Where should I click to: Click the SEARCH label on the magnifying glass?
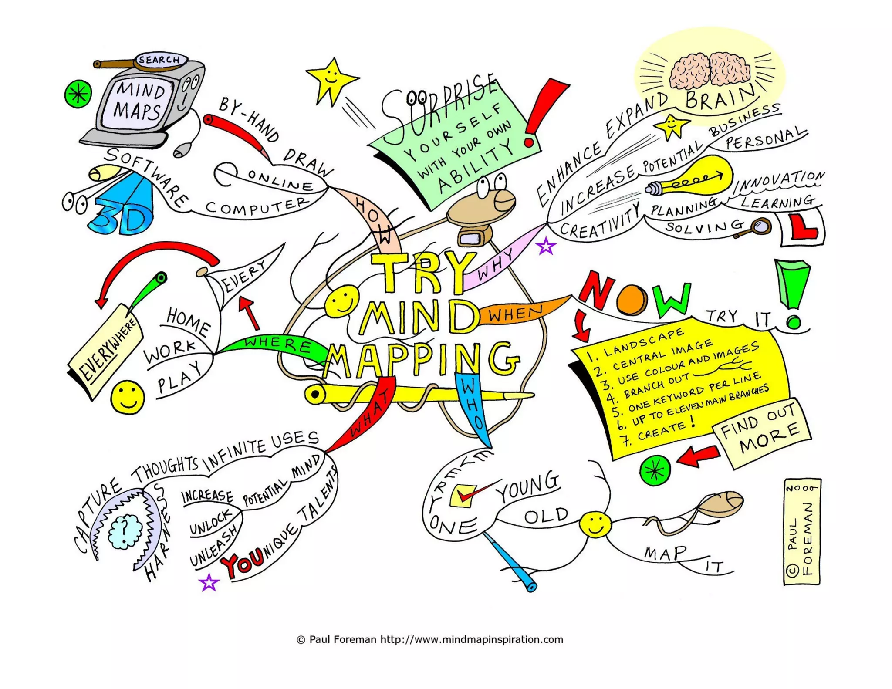tap(159, 59)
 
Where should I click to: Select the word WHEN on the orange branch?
tap(515, 313)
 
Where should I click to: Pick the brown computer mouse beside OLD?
tap(720, 503)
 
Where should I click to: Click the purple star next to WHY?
tap(546, 247)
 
